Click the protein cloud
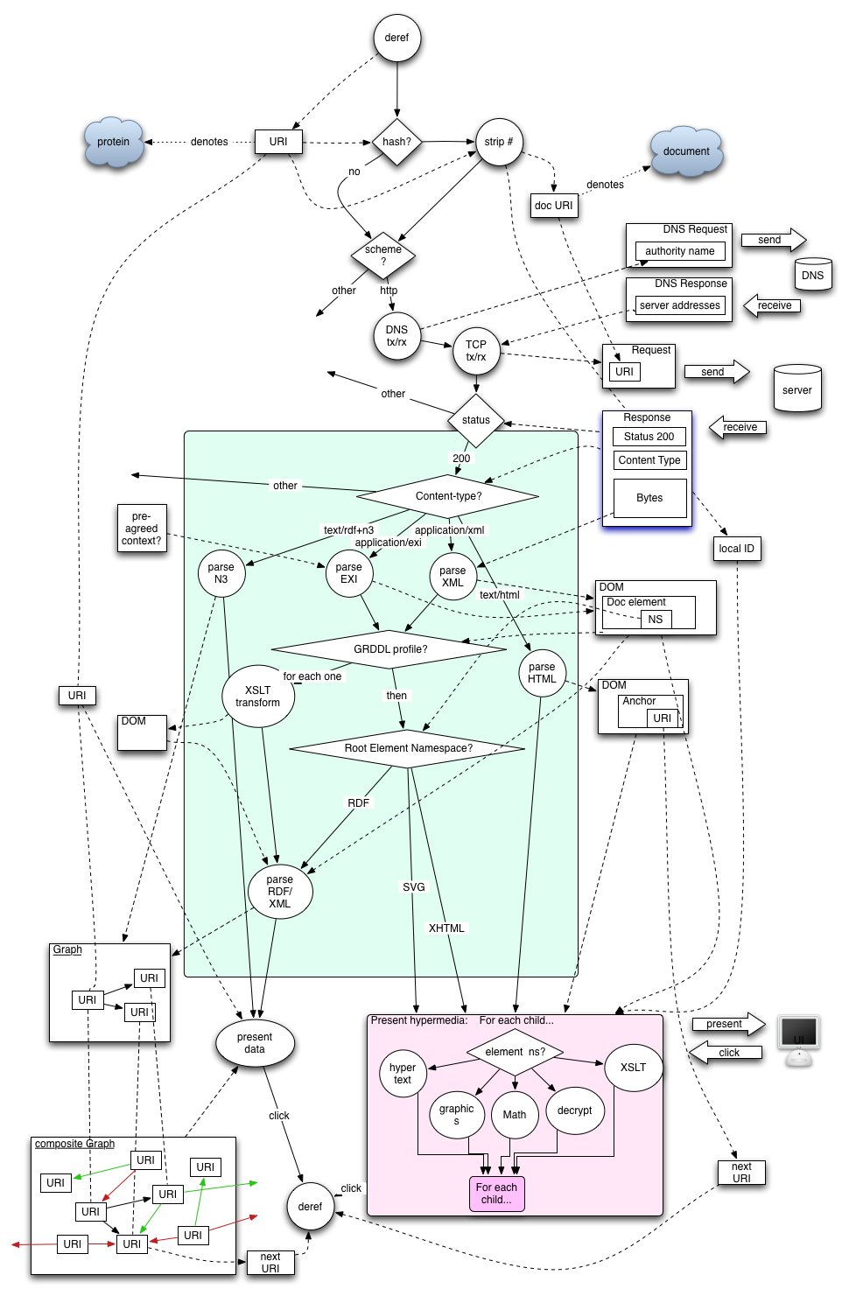click(x=114, y=142)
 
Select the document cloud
click(x=686, y=151)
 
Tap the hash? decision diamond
click(x=396, y=142)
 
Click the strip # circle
click(x=499, y=142)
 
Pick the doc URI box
click(x=553, y=206)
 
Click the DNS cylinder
click(x=812, y=275)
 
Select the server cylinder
click(x=796, y=389)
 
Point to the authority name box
click(x=679, y=251)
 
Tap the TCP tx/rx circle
click(x=476, y=351)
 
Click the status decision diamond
click(x=476, y=420)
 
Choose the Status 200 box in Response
click(x=649, y=437)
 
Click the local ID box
click(x=736, y=549)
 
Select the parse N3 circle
click(x=221, y=573)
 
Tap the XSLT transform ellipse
click(x=258, y=697)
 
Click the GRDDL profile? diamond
click(x=390, y=649)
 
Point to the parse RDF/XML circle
click(x=279, y=892)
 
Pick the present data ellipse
click(x=255, y=1043)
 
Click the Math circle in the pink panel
click(x=515, y=1115)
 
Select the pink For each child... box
click(x=496, y=1194)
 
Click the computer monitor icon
click(x=798, y=1035)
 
